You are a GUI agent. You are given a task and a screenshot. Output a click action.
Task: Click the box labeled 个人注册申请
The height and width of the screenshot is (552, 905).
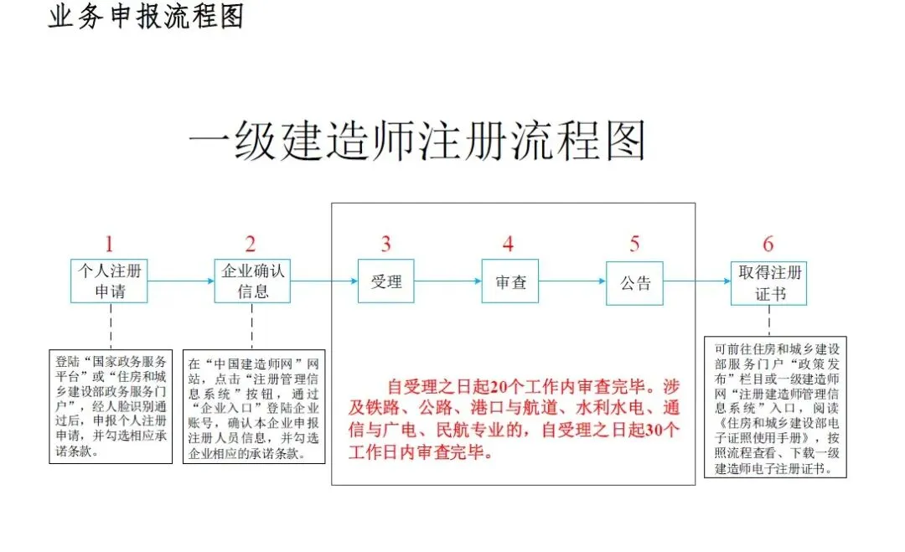[110, 281]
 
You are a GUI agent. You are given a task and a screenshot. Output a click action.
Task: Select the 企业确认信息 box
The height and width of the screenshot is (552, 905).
[251, 281]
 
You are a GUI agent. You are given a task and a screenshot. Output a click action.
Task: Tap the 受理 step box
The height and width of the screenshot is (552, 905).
[386, 281]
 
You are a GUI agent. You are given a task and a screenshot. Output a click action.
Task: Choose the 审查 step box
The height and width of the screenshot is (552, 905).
[509, 281]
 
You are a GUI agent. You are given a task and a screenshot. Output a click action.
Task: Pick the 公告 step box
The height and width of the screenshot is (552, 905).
[634, 281]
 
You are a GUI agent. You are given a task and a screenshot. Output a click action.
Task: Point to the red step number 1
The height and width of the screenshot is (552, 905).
[109, 245]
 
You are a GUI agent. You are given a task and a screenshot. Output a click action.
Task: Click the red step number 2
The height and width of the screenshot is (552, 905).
[251, 245]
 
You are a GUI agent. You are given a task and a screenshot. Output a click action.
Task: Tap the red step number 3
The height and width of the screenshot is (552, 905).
[385, 245]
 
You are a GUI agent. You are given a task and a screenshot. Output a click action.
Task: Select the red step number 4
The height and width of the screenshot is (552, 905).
[508, 245]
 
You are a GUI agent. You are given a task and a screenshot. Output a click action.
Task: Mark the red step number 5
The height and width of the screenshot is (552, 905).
[634, 245]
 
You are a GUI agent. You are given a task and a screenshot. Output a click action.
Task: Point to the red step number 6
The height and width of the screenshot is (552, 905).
[768, 245]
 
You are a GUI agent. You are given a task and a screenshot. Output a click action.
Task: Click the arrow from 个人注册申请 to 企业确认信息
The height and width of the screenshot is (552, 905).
[181, 281]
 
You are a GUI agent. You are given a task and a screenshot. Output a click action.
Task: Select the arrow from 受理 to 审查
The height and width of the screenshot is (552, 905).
[448, 281]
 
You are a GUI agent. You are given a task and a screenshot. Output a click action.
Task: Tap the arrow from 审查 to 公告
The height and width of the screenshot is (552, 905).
[572, 281]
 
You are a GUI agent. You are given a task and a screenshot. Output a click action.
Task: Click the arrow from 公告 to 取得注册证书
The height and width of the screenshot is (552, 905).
[697, 281]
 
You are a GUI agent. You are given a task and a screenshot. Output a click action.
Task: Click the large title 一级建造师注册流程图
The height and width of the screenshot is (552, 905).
[417, 141]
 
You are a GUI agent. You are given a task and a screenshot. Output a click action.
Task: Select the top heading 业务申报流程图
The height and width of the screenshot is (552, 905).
[146, 17]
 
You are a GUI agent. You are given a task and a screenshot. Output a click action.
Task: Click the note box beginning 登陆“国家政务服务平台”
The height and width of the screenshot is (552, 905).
[111, 406]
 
